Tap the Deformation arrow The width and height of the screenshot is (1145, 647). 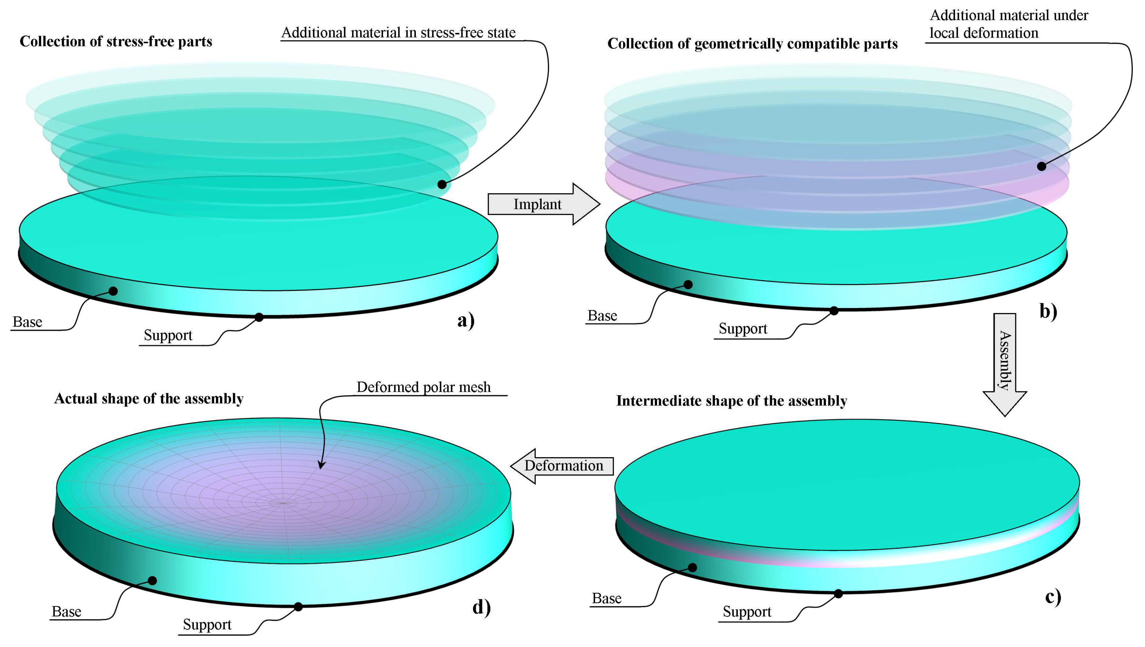click(563, 466)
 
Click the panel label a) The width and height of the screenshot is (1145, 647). click(466, 320)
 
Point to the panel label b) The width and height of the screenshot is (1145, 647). click(1048, 311)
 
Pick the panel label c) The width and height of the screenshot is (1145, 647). click(1052, 597)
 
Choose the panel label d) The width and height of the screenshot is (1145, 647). click(481, 607)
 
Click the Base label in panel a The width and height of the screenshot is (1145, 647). click(28, 322)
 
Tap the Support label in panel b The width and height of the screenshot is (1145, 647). click(743, 329)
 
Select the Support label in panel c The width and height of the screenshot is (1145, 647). click(747, 612)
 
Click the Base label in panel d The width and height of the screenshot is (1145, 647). click(67, 612)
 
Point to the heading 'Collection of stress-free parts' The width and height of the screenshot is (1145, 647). click(116, 41)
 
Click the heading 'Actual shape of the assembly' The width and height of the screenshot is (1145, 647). click(149, 399)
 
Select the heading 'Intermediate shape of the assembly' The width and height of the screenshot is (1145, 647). click(732, 401)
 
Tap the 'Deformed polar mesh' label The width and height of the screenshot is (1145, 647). click(423, 387)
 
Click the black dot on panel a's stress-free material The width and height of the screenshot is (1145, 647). click(442, 184)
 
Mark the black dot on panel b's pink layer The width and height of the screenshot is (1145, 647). click(1041, 166)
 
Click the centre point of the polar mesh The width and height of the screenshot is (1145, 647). click(283, 503)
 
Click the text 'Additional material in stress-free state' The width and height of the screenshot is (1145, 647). click(399, 33)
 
